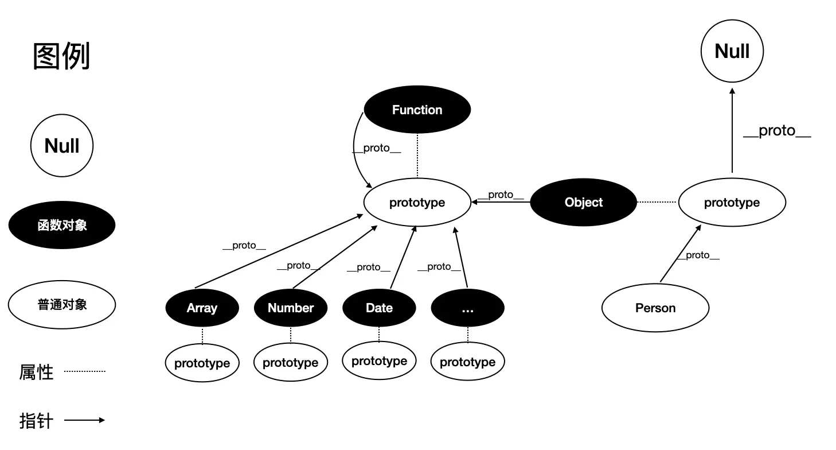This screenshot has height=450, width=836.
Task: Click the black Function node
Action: coord(417,110)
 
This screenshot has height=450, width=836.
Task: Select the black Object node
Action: coord(583,202)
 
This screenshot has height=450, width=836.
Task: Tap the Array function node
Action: coord(202,308)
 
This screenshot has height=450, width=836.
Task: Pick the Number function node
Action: coord(291,308)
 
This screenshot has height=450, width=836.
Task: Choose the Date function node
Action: coord(379,308)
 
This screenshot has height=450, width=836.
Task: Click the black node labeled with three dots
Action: coord(467,308)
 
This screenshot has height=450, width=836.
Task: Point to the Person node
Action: coord(655,308)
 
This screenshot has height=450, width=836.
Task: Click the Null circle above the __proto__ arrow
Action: coord(732,51)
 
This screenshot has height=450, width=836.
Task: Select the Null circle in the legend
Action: coord(62,145)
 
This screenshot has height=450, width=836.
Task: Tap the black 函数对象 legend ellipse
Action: coord(62,225)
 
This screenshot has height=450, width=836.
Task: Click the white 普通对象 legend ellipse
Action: coord(62,304)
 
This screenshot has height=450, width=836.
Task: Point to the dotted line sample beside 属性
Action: coord(85,371)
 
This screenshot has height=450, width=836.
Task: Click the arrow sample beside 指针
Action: coord(85,420)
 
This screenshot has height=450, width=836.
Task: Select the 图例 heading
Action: coord(62,57)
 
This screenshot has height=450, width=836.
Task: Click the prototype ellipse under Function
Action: coord(417,202)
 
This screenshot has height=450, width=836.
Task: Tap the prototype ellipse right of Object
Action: coord(732,202)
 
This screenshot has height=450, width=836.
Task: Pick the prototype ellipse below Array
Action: coord(202,363)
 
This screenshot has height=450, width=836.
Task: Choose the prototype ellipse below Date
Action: coord(379,361)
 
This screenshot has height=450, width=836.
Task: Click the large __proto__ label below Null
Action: coord(777,131)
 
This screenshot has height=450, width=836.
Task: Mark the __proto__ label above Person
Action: coord(698,255)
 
